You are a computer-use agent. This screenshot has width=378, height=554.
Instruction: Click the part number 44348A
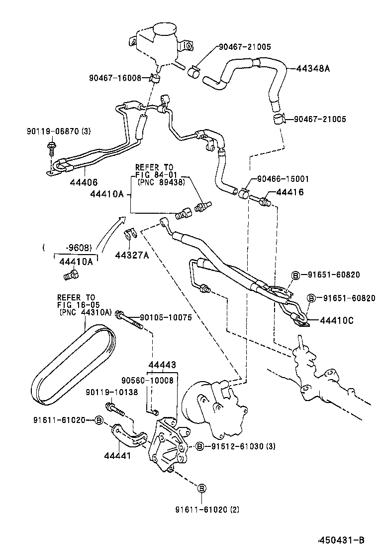point(313,68)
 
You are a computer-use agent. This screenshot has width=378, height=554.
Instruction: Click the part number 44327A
point(132,255)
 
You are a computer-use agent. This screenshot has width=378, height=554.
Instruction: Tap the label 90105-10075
point(166,317)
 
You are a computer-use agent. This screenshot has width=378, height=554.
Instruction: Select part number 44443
point(162,365)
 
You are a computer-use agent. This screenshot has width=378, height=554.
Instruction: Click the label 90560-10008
point(149,380)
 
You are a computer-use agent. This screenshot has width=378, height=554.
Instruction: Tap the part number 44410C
point(336,320)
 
